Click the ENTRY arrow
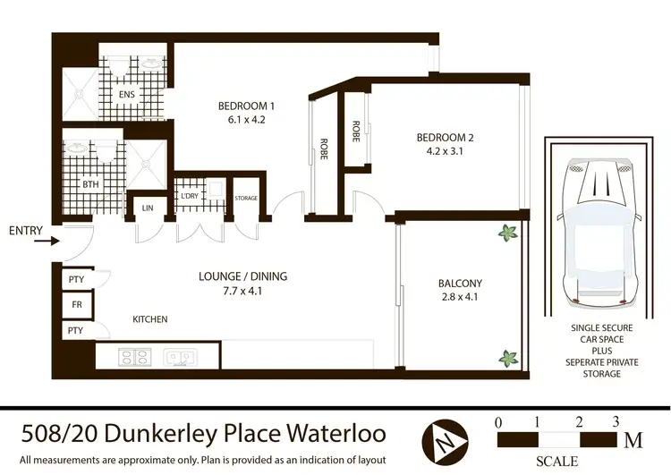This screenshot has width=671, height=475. (51, 241)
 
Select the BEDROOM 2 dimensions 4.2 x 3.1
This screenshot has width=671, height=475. (444, 151)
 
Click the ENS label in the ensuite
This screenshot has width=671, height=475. (127, 95)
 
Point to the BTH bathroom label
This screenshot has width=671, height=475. (90, 184)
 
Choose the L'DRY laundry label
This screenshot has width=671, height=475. (189, 196)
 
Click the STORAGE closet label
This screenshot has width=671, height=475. (246, 198)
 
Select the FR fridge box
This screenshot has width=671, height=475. (76, 305)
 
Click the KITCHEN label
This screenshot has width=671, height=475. (150, 319)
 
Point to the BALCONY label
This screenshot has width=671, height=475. (460, 284)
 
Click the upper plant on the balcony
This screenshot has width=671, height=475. (507, 233)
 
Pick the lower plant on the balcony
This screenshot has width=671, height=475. (507, 358)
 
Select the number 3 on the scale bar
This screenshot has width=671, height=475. (615, 421)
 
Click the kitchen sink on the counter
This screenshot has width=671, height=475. (180, 357)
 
